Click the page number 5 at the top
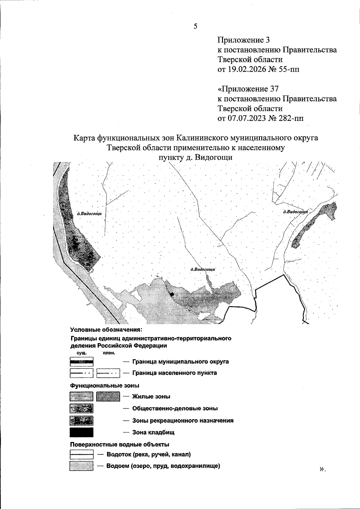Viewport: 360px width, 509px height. pos(196,26)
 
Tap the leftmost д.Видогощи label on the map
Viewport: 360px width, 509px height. pos(89,214)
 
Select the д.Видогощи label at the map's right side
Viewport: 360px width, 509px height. pos(295,212)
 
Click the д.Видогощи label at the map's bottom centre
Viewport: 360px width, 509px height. pos(203,269)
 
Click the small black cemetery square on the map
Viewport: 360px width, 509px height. pos(172,295)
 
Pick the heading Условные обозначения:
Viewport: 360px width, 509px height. pos(106,330)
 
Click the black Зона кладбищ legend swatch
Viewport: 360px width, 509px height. pos(81,432)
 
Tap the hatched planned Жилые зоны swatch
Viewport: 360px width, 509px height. pos(108,397)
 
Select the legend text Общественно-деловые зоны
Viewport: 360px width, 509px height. pos(175,408)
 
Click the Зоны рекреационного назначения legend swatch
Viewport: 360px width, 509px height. pos(81,421)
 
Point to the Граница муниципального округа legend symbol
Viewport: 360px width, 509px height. pos(81,362)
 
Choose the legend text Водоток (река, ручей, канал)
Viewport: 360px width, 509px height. pos(148,454)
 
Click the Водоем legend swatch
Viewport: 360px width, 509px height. pos(81,466)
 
